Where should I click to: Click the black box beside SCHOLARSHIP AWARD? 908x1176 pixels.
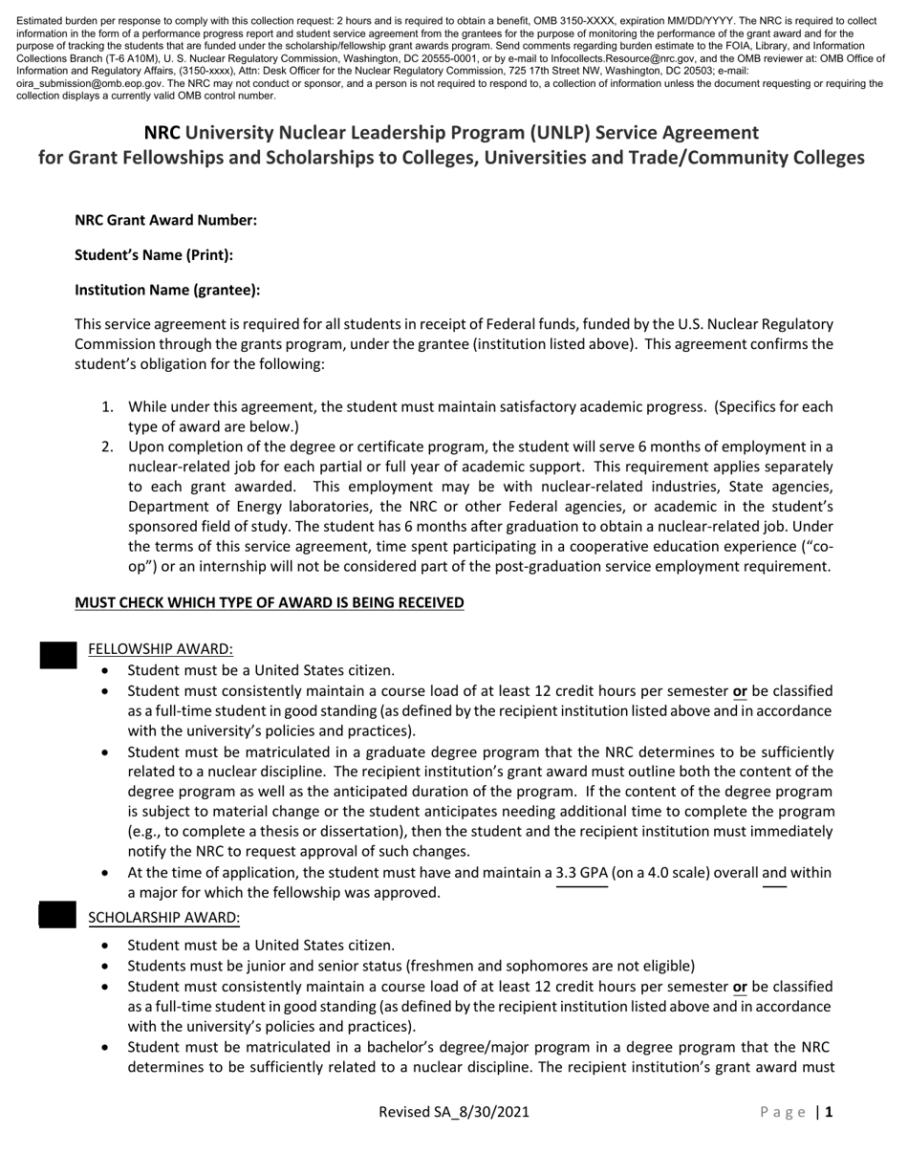point(57,915)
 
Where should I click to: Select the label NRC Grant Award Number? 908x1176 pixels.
point(165,220)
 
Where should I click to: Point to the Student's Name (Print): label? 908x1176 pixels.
point(154,255)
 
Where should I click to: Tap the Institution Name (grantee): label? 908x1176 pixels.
point(167,290)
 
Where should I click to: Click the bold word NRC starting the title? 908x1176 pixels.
point(162,132)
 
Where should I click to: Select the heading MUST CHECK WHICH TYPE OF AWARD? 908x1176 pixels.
point(269,602)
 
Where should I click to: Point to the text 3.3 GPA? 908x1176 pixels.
point(582,872)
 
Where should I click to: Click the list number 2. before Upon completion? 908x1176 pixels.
point(108,446)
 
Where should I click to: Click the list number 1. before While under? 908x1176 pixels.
point(108,407)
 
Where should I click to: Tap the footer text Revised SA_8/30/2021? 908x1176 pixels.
point(454,1112)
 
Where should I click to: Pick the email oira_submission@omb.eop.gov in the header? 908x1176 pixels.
point(98,84)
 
